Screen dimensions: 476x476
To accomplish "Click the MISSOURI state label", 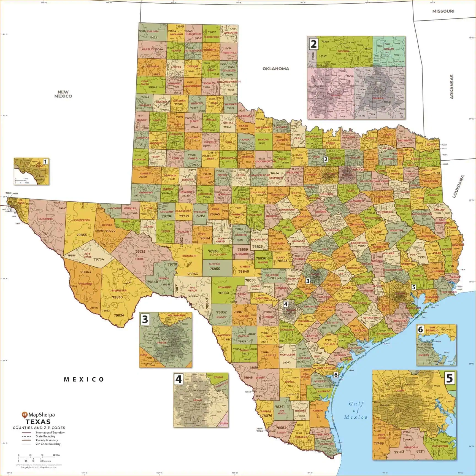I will tap(443, 11).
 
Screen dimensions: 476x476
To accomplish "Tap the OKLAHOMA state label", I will tap(276, 69).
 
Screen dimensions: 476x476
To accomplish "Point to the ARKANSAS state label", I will tap(452, 87).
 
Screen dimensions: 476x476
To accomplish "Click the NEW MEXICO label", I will tap(63, 94).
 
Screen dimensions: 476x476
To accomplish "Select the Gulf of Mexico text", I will tap(356, 410).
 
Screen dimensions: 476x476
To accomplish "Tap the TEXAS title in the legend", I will tap(38, 422).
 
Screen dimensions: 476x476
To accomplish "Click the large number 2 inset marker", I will tap(313, 43).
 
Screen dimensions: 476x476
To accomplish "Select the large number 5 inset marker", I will tap(449, 378).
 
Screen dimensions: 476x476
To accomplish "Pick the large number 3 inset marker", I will tap(145, 319).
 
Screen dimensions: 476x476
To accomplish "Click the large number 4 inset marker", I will tap(178, 380).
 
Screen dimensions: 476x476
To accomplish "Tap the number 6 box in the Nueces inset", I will tap(420, 329).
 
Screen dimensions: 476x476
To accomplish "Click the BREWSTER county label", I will tap(119, 291).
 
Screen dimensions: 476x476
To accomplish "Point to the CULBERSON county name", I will tap(82, 220).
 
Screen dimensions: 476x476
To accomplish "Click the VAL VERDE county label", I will tap(193, 289).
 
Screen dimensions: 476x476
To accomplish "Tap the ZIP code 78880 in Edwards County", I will tap(223, 293).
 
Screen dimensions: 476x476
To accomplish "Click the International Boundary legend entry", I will tap(50, 432).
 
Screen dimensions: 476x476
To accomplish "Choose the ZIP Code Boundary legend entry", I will tap(48, 444).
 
